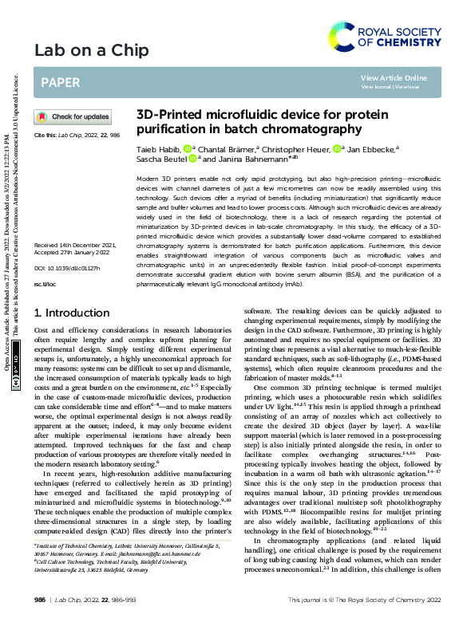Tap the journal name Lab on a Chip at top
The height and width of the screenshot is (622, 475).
[x=91, y=51]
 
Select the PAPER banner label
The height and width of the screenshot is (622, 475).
[x=59, y=81]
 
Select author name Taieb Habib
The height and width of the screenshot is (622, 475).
[x=158, y=148]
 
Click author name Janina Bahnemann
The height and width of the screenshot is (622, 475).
[x=247, y=158]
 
